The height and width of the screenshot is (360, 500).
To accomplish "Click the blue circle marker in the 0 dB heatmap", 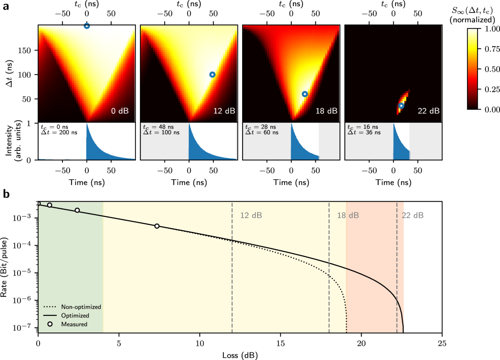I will [87, 26].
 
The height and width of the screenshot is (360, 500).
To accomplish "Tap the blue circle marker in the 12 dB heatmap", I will [212, 75].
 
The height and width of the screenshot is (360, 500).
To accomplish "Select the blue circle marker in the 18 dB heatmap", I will [305, 94].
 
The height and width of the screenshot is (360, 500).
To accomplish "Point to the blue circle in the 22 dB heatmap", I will [401, 106].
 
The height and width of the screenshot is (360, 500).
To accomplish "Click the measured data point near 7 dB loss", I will [157, 226].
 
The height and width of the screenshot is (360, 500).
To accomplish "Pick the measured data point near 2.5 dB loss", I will [77, 210].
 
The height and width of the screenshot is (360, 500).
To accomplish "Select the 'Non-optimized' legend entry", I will [81, 307].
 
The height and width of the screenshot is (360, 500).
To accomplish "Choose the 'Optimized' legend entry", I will [75, 315].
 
